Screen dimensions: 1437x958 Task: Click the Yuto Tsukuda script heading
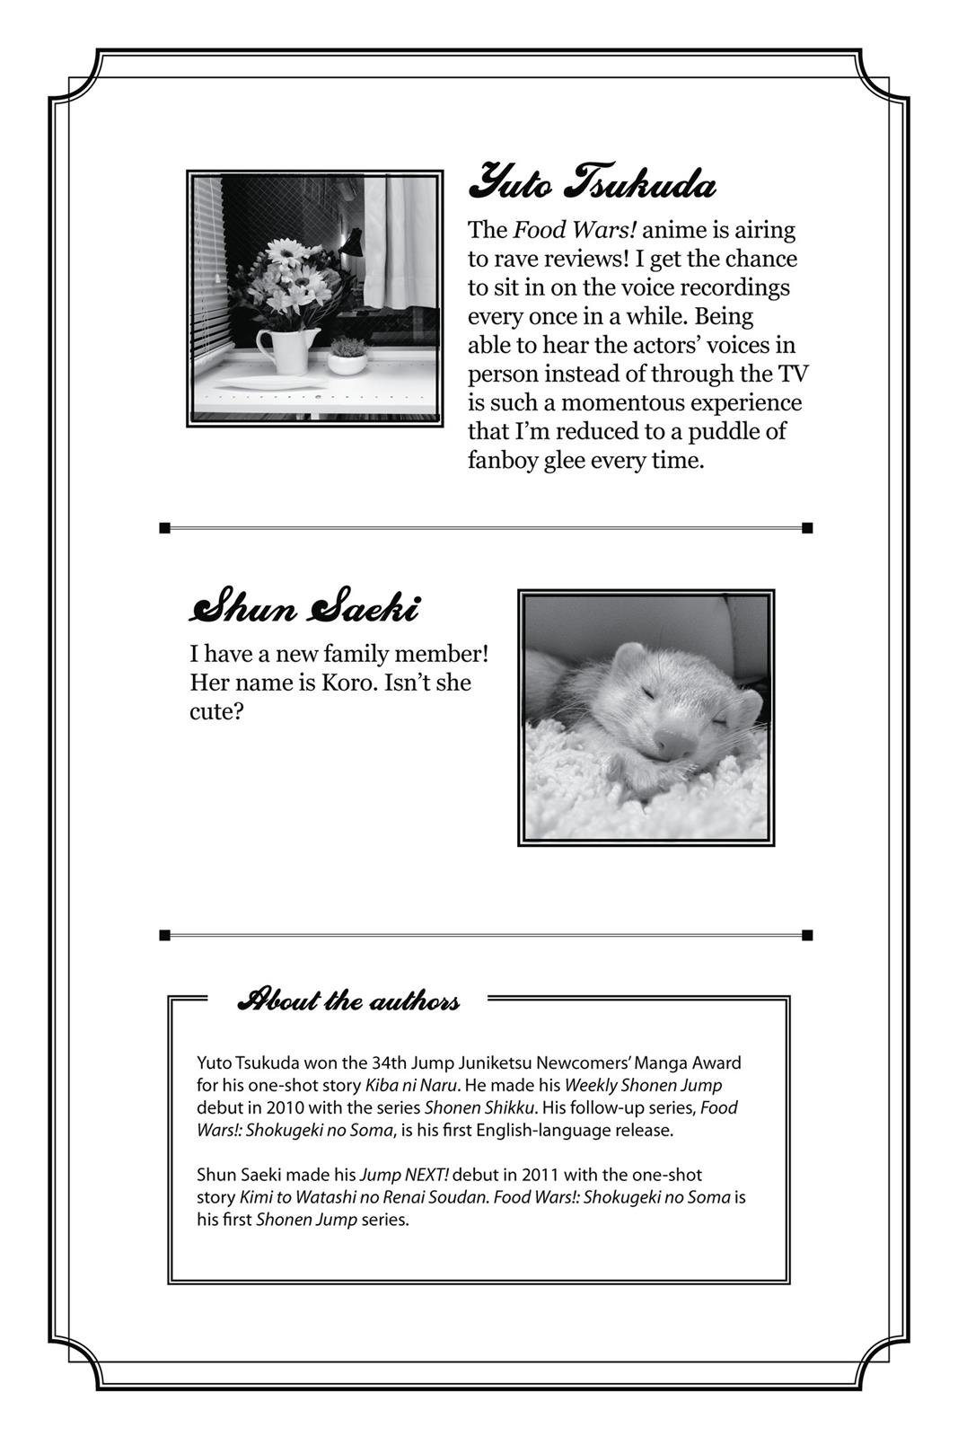(x=592, y=183)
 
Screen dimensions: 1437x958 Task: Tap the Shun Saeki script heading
(x=303, y=608)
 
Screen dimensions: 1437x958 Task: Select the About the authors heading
(x=348, y=1000)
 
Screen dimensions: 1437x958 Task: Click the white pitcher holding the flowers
(x=287, y=350)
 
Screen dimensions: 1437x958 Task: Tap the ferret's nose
(x=673, y=743)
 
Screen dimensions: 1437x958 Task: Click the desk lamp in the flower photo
(x=351, y=243)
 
